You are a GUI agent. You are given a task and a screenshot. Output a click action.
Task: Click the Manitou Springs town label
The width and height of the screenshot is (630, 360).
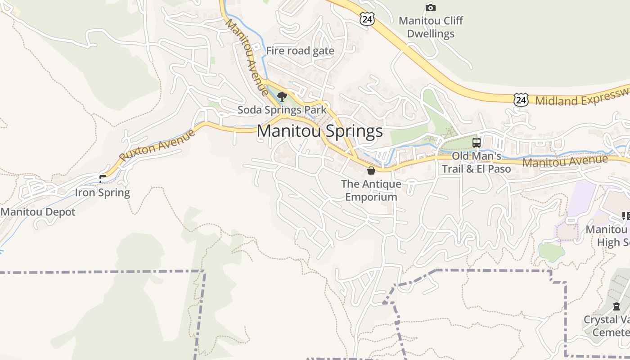pyautogui.click(x=319, y=131)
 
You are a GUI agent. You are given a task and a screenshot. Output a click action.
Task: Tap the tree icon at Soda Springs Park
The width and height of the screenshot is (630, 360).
pyautogui.click(x=282, y=96)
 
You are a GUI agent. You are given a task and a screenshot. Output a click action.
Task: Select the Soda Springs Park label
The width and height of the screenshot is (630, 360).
pyautogui.click(x=282, y=110)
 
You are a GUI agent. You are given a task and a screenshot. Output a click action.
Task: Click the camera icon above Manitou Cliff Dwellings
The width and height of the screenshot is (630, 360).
pyautogui.click(x=431, y=7)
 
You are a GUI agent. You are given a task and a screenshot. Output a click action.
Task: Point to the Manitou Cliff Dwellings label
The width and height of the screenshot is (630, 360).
pyautogui.click(x=431, y=27)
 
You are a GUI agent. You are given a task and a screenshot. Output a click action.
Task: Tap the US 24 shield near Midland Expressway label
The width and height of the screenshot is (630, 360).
pyautogui.click(x=521, y=99)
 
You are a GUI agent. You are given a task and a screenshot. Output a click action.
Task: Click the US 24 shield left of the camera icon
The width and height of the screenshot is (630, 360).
pyautogui.click(x=367, y=18)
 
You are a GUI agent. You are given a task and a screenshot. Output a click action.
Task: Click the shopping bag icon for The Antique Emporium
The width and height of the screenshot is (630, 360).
pyautogui.click(x=371, y=171)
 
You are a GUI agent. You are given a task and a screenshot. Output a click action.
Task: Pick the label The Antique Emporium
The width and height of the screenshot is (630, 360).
pyautogui.click(x=371, y=190)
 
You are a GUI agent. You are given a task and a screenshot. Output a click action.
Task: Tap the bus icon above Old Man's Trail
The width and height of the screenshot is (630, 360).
pyautogui.click(x=477, y=143)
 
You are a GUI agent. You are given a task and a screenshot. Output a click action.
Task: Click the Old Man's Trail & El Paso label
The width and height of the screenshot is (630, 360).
pyautogui.click(x=476, y=162)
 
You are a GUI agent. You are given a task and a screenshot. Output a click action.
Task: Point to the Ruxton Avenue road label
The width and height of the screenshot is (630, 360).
pyautogui.click(x=157, y=145)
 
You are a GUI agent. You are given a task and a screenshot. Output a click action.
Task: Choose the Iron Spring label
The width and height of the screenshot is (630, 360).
pyautogui.click(x=102, y=193)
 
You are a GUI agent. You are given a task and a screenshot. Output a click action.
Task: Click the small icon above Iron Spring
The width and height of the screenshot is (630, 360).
pyautogui.click(x=103, y=179)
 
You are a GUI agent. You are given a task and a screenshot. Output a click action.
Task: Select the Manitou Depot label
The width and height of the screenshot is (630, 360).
pyautogui.click(x=38, y=212)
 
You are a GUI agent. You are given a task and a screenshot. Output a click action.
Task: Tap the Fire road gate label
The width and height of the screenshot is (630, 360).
pyautogui.click(x=300, y=51)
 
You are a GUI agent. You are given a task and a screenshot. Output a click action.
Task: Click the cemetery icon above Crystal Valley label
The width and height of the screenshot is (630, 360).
pyautogui.click(x=616, y=306)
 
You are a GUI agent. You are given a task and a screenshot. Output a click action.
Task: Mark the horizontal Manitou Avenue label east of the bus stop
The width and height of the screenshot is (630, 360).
pyautogui.click(x=565, y=161)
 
